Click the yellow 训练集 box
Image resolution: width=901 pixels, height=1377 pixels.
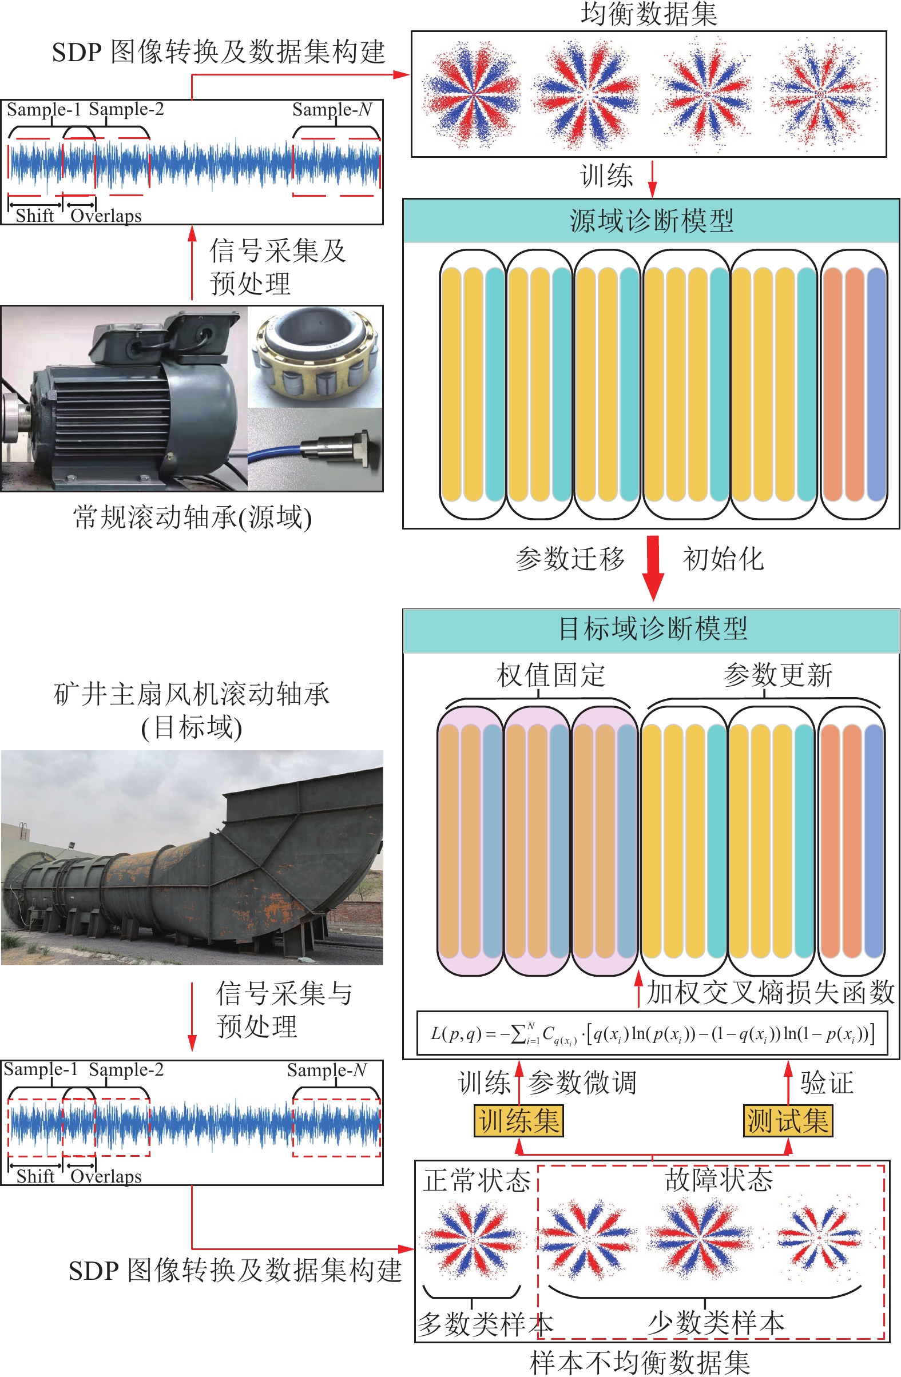(518, 1121)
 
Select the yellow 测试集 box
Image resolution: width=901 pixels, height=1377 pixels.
(787, 1121)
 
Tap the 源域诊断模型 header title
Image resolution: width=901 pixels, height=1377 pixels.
(652, 221)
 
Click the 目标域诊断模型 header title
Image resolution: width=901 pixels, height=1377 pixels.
(652, 629)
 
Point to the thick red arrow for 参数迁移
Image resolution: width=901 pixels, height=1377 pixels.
(653, 567)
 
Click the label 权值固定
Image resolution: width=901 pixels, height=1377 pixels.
(550, 675)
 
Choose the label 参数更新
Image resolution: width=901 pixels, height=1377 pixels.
(778, 675)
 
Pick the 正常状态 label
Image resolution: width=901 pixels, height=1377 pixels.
(477, 1180)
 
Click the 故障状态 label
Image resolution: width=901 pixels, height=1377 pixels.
(719, 1179)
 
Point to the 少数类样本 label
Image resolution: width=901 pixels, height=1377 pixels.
(716, 1323)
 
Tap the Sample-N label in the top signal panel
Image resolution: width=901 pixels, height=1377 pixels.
(332, 109)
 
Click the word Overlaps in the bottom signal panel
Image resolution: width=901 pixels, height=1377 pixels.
(106, 1176)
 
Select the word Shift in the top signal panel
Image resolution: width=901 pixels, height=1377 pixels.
(35, 216)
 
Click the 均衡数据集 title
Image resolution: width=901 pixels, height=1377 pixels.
(649, 14)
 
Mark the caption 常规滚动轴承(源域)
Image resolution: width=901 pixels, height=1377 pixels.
(192, 518)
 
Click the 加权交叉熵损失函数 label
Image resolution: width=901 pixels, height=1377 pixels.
(770, 992)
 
